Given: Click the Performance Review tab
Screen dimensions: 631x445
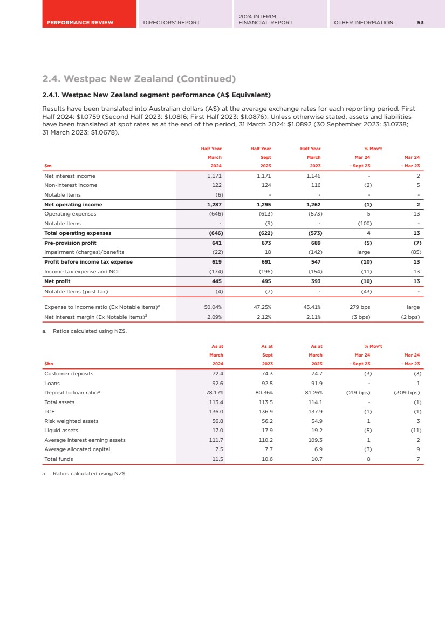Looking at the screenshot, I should [x=80, y=22].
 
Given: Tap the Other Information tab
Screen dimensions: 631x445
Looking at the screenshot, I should [x=364, y=22].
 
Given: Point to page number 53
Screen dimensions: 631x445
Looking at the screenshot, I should [x=420, y=22].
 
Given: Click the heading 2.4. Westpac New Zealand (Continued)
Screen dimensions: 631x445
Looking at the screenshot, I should [x=139, y=79].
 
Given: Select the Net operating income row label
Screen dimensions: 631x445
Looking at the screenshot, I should [x=73, y=205].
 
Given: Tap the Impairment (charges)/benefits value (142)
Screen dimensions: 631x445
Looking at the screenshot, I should [x=313, y=252].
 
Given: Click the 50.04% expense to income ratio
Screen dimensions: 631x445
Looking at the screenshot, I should [x=213, y=307].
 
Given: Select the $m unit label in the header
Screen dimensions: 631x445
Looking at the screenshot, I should [x=47, y=166].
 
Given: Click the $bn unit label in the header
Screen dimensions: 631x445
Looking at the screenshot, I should [x=49, y=364].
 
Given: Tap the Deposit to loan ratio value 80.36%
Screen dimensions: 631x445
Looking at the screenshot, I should [x=262, y=393].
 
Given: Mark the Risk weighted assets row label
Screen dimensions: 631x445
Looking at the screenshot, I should [x=71, y=421].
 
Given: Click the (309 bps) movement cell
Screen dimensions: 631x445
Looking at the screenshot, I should [x=407, y=393].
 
